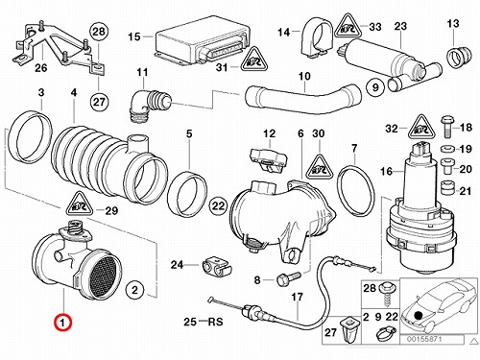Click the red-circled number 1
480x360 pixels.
pyautogui.click(x=62, y=322)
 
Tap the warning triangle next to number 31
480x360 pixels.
pyautogui.click(x=254, y=60)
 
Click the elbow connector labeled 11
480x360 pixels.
pyautogui.click(x=149, y=105)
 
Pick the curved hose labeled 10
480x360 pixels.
pyautogui.click(x=302, y=97)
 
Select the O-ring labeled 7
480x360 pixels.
pyautogui.click(x=357, y=191)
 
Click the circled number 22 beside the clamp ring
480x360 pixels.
pyautogui.click(x=218, y=205)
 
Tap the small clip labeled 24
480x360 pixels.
pyautogui.click(x=216, y=268)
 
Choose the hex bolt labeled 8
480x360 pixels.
pyautogui.click(x=287, y=279)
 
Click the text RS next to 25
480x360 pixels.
pyautogui.click(x=215, y=321)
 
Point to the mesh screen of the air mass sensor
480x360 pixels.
pyautogui.click(x=105, y=275)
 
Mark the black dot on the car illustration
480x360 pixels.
pyautogui.click(x=417, y=315)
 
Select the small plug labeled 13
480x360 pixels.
pyautogui.click(x=459, y=57)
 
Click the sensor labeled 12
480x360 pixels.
pyautogui.click(x=268, y=160)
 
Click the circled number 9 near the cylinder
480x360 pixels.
pyautogui.click(x=375, y=87)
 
